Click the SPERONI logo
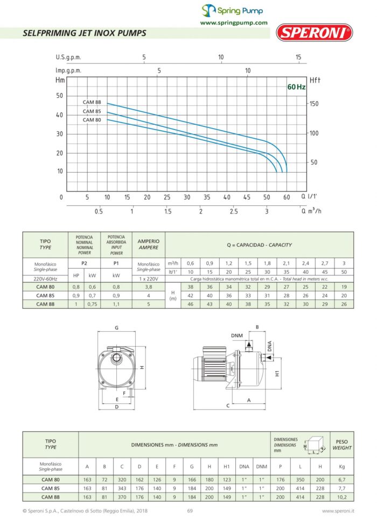[x=315, y=32]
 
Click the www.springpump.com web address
[x=234, y=23]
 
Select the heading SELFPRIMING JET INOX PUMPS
[x=85, y=33]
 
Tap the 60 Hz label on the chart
[x=296, y=87]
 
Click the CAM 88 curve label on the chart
[x=92, y=102]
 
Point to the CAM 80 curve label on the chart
[x=92, y=120]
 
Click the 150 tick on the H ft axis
[x=315, y=103]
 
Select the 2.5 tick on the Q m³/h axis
[x=234, y=211]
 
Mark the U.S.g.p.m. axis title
[x=68, y=57]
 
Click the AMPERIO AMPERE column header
[x=149, y=245]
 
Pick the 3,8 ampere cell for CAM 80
[x=149, y=287]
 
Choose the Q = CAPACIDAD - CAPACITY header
[x=260, y=245]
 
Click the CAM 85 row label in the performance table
[x=45, y=295]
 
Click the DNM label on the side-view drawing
[x=237, y=336]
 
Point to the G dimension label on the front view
[x=116, y=327]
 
